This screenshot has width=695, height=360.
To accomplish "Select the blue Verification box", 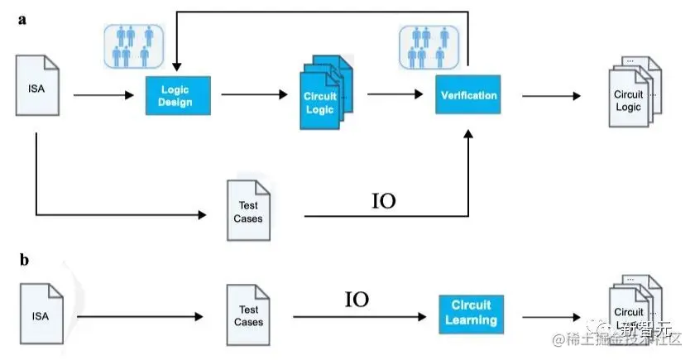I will (468, 95).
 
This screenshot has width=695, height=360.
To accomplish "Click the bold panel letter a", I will (24, 20).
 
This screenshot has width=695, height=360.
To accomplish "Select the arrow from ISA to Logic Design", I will (103, 96).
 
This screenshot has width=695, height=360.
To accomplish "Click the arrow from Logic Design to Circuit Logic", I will (252, 94).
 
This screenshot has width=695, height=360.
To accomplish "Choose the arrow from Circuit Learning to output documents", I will (553, 315).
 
